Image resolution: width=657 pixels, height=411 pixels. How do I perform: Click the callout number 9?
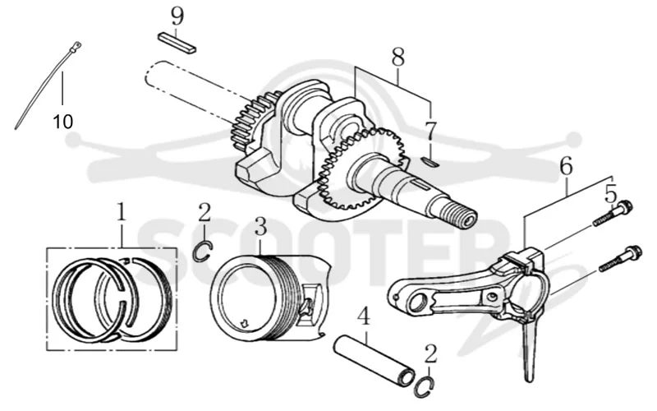click(x=177, y=16)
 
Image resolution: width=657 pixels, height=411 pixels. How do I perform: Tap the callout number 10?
click(x=63, y=122)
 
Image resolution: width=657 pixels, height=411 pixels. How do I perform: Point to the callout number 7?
click(x=430, y=132)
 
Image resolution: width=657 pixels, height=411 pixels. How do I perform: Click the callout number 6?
click(x=566, y=167)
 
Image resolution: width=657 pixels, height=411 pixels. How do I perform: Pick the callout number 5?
click(x=611, y=194)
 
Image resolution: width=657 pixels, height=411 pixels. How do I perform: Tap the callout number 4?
click(x=364, y=316)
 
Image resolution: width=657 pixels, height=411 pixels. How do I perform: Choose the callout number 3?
click(x=260, y=227)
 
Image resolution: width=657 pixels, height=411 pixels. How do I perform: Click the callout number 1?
click(x=121, y=213)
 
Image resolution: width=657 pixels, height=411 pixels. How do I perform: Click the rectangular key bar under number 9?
click(x=177, y=43)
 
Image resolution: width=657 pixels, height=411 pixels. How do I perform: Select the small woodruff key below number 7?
click(x=430, y=162)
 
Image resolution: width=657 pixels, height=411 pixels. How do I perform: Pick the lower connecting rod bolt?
click(x=620, y=258)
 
